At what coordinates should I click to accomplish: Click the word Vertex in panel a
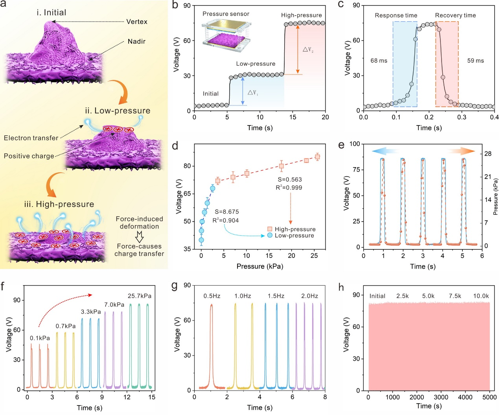coord(136,22)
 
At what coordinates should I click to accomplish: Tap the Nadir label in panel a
coord(136,41)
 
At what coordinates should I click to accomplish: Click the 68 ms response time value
coord(379,61)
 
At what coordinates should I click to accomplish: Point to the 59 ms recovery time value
coord(475,61)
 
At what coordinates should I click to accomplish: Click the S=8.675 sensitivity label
coord(226,212)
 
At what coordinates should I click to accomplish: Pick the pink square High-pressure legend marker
coord(270,229)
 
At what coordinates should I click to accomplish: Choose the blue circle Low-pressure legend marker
coord(270,235)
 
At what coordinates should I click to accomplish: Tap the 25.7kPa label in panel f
coord(140,296)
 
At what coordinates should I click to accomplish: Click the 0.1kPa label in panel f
coord(40,338)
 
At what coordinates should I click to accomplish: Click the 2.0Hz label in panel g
coord(309,296)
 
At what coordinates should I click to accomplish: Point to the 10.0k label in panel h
coord(481,296)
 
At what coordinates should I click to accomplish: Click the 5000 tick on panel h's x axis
coord(489,397)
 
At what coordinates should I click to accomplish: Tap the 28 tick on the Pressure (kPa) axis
coord(488,153)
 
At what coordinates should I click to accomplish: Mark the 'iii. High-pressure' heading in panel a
coord(59,204)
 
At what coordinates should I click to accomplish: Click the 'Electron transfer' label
coord(31,138)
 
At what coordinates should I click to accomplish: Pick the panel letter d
coord(175,146)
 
